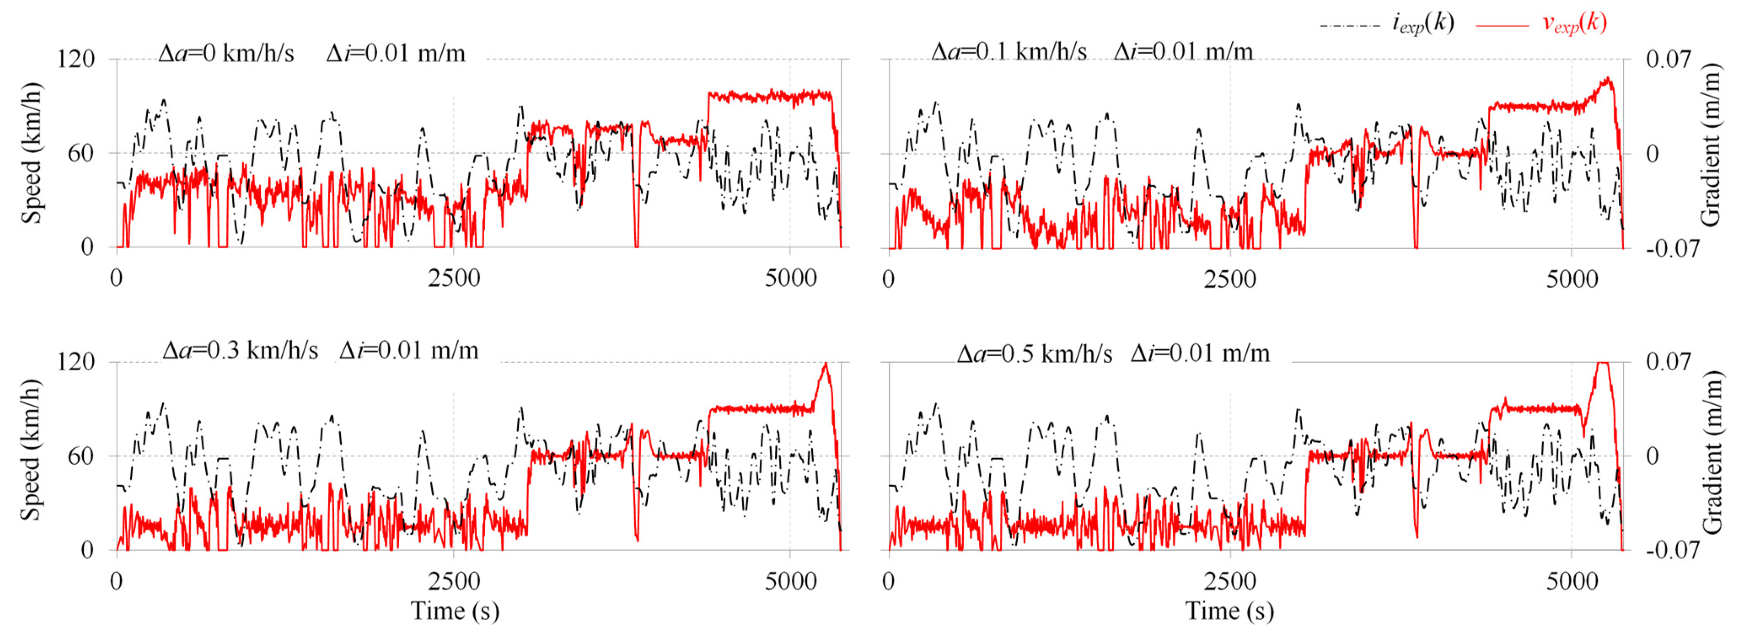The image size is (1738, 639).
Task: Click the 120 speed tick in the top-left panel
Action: [x=76, y=60]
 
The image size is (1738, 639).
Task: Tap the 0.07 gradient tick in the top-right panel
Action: [x=1668, y=60]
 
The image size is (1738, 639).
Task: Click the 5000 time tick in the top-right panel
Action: [x=1571, y=279]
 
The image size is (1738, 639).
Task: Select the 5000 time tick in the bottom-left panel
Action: [x=790, y=581]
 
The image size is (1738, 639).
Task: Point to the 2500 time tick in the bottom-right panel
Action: [x=1229, y=581]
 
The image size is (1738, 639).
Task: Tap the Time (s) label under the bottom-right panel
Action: [x=1229, y=611]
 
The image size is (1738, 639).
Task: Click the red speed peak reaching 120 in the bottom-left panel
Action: [x=825, y=365]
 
